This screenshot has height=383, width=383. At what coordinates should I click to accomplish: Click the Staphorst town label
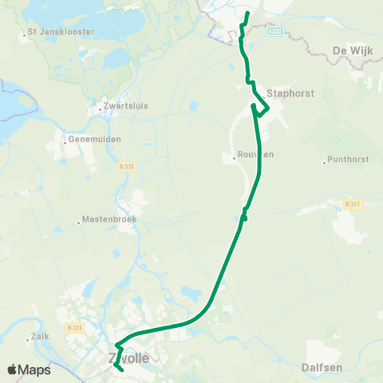[292, 93]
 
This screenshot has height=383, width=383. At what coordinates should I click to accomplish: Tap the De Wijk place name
[351, 50]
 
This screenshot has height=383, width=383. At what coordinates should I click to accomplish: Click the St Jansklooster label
[61, 33]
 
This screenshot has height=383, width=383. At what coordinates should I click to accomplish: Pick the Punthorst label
[349, 160]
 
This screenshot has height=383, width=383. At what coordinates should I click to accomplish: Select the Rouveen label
[255, 155]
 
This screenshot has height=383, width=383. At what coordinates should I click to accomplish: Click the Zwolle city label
[128, 359]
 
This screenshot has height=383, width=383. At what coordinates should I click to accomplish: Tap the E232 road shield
[274, 30]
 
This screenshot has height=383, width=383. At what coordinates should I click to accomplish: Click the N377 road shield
[353, 204]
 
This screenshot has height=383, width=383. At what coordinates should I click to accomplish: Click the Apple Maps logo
[29, 369]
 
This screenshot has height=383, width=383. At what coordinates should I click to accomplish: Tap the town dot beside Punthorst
[324, 163]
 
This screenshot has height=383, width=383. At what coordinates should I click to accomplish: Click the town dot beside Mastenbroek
[78, 223]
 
